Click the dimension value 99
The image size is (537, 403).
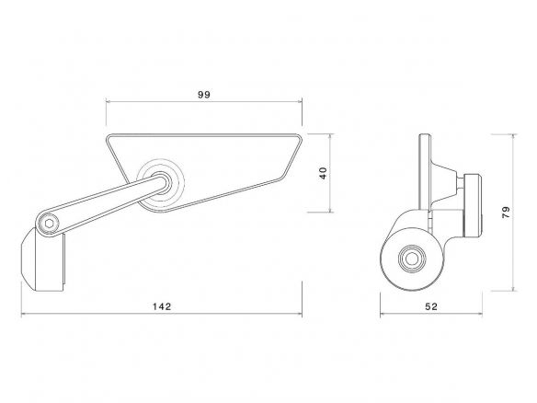pos(204,95)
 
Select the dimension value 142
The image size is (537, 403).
pos(162,306)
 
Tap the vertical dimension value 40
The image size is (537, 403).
pos(323,173)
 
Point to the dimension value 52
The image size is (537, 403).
pos(431,306)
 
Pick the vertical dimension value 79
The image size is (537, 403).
pos(506,213)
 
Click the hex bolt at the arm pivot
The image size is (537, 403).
pos(49,224)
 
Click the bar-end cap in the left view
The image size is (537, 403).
pos(42,260)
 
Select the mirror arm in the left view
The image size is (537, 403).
pos(103,204)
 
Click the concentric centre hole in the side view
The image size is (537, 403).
pos(412,259)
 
